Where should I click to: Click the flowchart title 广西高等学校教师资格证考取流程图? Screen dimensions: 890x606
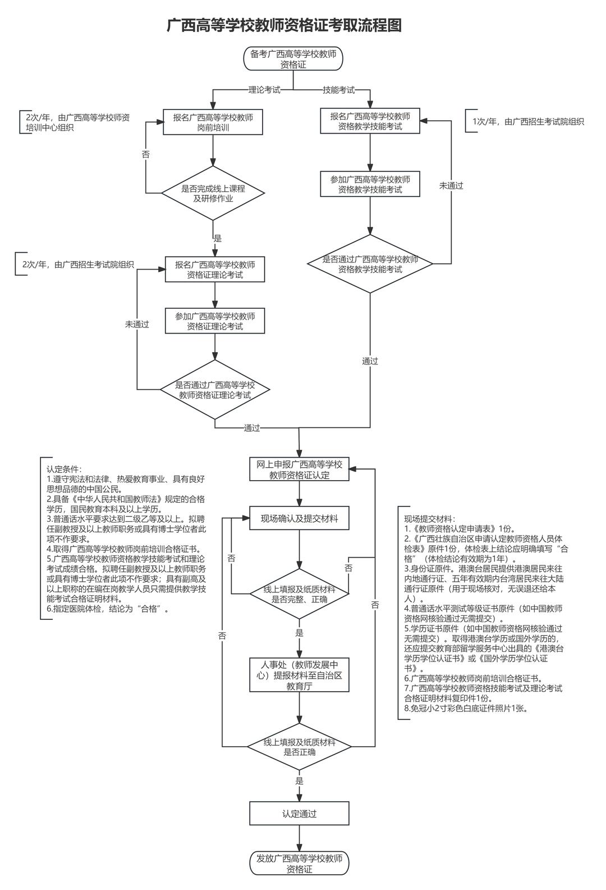284,25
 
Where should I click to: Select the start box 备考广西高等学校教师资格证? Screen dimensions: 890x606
293,59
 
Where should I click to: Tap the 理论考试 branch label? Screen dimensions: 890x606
264,90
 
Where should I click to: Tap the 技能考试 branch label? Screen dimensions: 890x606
338,90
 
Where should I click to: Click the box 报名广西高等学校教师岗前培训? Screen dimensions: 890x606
213,122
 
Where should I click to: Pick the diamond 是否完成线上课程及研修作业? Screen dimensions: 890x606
213,193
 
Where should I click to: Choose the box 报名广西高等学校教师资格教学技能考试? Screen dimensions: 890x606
370,121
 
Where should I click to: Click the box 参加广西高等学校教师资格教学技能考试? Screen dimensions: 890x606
370,184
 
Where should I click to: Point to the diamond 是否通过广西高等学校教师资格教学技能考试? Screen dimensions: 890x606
370,264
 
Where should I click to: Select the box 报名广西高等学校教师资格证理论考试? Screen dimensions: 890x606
215,270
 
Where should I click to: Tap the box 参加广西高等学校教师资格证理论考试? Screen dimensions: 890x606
215,321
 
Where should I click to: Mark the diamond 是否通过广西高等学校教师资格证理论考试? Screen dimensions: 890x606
215,390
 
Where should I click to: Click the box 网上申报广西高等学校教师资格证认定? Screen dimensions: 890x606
299,470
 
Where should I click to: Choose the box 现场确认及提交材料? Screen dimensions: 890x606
299,518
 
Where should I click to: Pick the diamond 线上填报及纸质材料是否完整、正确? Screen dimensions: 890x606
299,594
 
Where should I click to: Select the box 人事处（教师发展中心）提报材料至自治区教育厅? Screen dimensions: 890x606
299,674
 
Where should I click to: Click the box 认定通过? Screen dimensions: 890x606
299,814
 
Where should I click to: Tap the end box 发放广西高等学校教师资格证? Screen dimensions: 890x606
299,864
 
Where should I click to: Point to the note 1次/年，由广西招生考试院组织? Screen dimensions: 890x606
528,121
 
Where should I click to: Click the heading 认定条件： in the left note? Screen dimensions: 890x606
64,469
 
